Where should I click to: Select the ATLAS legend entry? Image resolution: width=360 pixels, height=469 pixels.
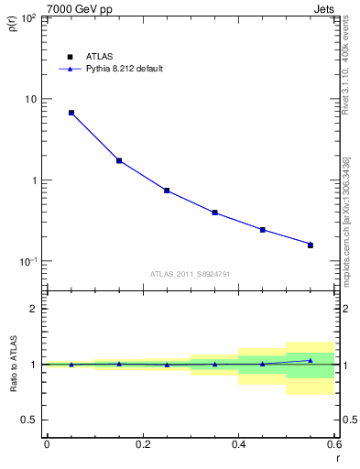(99, 56)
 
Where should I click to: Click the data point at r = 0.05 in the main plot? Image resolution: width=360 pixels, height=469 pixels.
(71, 113)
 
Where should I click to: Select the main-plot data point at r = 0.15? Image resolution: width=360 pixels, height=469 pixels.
(119, 160)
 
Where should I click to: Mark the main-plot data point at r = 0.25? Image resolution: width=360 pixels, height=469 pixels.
(167, 191)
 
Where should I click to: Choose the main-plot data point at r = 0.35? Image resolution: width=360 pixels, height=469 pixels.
(214, 213)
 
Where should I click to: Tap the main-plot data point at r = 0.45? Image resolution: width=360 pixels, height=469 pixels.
(263, 230)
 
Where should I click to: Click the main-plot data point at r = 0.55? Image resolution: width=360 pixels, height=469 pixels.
(311, 245)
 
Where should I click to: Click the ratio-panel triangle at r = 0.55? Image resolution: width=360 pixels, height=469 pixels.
(311, 360)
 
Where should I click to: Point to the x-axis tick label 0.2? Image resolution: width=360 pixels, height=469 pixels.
(142, 445)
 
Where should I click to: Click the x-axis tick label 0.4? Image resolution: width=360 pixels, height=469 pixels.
(238, 445)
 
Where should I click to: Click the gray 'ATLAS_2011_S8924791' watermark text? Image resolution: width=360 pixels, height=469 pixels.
(190, 274)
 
